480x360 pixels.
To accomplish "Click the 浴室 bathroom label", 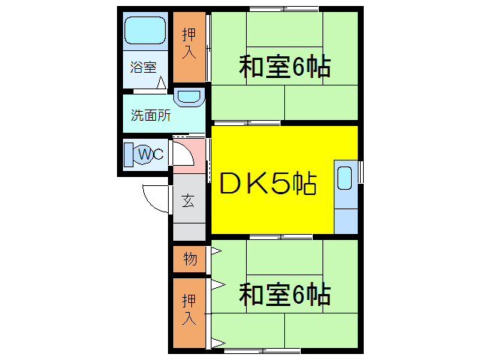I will pos(142,67).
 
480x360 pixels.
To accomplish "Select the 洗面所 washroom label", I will pos(151,115).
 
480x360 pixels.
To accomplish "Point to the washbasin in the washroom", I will pos(189,98).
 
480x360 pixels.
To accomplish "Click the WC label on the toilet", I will pos(150,154).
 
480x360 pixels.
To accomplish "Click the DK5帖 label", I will pos(267,183).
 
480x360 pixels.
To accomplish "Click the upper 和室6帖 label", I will pos(285,67).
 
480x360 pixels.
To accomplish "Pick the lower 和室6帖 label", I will pos(285,294).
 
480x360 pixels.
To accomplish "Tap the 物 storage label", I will pos(189,259).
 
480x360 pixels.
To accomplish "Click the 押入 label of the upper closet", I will pos(188,43).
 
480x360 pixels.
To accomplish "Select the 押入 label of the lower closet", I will pos(188,307).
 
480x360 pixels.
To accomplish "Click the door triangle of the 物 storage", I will pos(216,250).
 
